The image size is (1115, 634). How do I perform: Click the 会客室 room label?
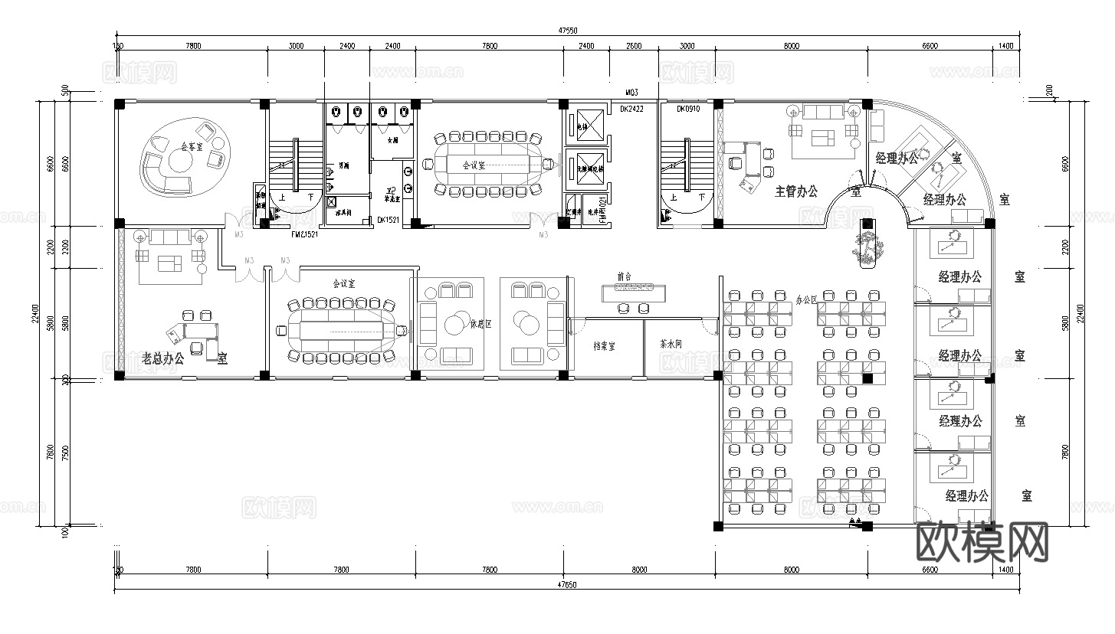tap(192, 145)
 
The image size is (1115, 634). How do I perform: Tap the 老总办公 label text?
tap(162, 358)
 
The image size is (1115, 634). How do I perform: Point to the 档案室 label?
tap(605, 346)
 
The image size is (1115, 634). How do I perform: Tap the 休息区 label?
tap(480, 323)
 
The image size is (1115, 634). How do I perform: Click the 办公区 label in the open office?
tap(807, 299)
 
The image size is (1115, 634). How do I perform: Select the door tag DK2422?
tap(634, 109)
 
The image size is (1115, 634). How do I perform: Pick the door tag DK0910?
tap(688, 109)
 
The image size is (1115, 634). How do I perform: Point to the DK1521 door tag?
tap(388, 220)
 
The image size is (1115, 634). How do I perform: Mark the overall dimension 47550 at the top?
tap(567, 31)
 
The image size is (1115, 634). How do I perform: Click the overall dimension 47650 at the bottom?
tap(567, 585)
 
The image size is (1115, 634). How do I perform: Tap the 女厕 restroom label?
tap(392, 141)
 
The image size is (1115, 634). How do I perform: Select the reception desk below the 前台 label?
tap(633, 291)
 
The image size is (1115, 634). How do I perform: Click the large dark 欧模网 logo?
tap(982, 542)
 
